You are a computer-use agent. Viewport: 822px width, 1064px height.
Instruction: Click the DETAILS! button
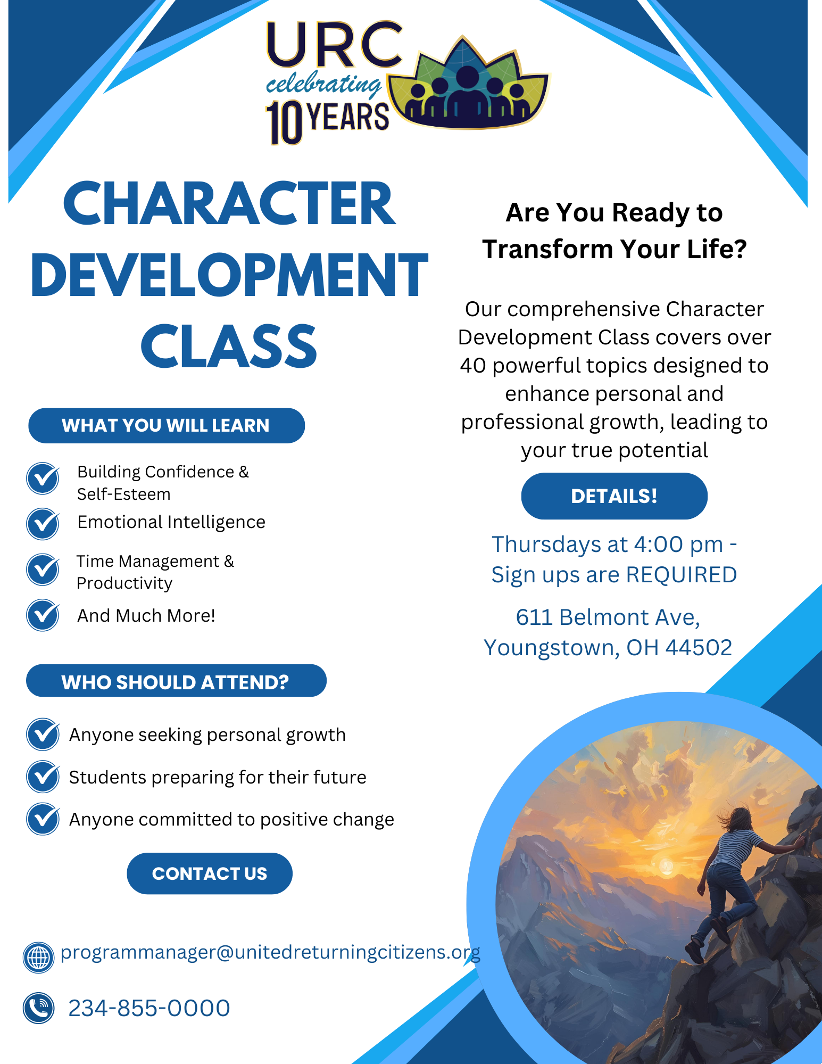point(614,496)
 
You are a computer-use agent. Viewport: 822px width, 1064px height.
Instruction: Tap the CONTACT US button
point(209,873)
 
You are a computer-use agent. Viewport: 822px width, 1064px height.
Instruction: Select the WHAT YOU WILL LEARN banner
point(166,426)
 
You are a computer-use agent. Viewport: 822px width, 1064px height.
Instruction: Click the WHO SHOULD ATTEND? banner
point(176,681)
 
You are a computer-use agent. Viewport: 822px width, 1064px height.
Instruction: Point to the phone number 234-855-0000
point(149,1008)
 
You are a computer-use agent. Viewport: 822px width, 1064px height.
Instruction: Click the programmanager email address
point(270,952)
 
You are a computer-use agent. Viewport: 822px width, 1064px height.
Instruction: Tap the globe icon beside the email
point(38,957)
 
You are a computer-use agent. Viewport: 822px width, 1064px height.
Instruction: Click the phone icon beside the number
point(38,1008)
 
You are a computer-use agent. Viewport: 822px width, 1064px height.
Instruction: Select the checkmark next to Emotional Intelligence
point(43,524)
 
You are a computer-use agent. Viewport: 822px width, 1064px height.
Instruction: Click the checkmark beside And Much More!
point(43,615)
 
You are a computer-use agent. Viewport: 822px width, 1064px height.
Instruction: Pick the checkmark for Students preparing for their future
point(43,777)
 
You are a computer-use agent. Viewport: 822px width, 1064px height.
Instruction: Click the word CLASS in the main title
point(229,347)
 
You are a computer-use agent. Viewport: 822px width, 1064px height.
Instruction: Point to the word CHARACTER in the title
point(229,204)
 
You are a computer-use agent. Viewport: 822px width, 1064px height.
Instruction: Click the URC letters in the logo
point(334,46)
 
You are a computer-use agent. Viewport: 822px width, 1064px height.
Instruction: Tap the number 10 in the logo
point(284,123)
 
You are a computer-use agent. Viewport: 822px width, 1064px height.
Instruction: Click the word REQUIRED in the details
point(681,575)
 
